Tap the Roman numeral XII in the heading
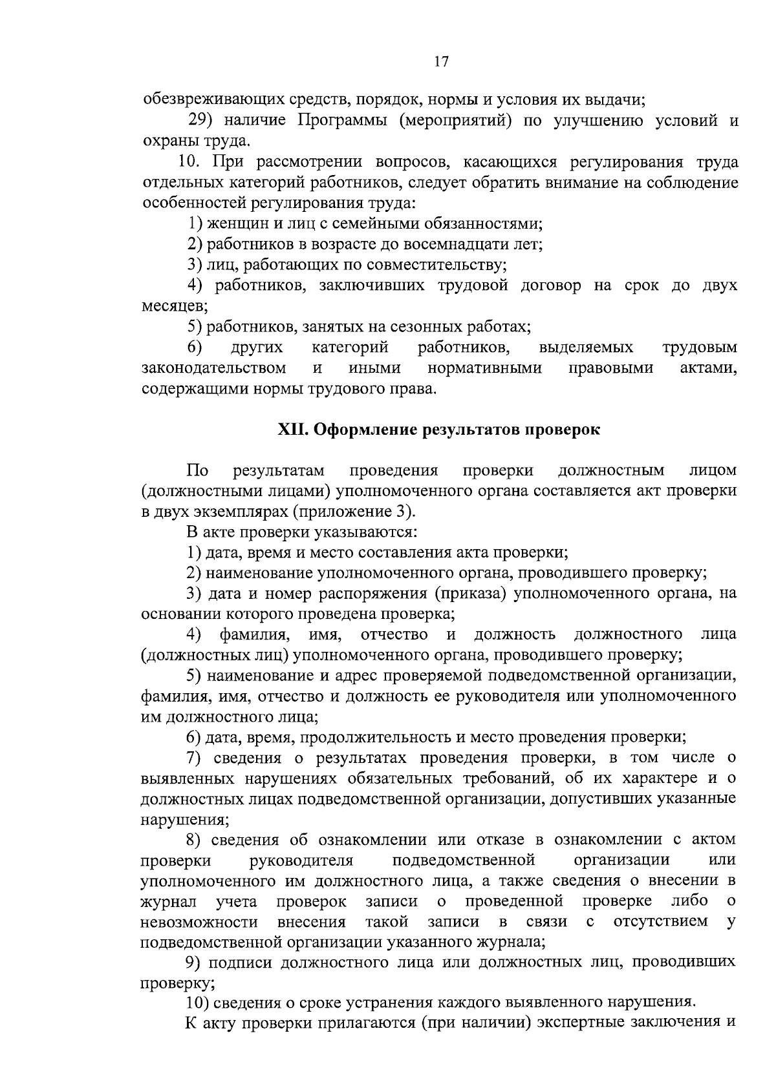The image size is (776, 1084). coord(292,430)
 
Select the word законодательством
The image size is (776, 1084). coord(214,368)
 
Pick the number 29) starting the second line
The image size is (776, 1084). coord(201,121)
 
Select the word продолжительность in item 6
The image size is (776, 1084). coord(375,737)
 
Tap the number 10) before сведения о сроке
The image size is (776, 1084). coord(197,1003)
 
